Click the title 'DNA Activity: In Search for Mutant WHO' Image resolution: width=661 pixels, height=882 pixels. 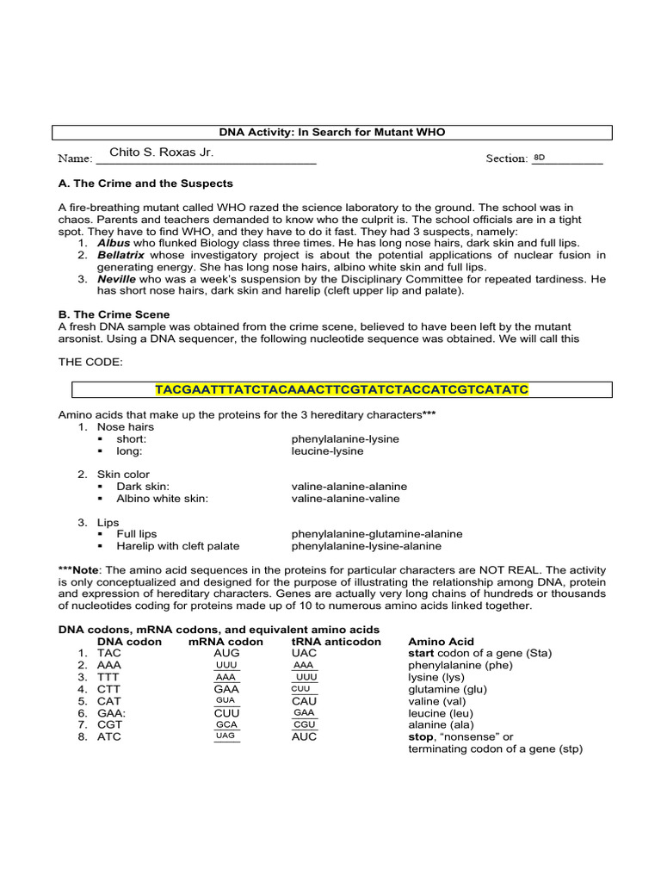pos(331,132)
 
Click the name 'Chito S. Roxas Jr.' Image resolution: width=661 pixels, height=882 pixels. pos(161,152)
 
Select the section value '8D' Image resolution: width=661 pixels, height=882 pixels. pos(540,158)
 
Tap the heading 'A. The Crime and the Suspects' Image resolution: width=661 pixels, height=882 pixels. pos(145,183)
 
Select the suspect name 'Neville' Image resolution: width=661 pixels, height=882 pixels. pos(117,280)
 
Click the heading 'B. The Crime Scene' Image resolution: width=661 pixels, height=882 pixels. pos(114,314)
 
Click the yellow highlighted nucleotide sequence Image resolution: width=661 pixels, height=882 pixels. pos(342,390)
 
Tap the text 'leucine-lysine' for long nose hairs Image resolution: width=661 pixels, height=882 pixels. pos(327,450)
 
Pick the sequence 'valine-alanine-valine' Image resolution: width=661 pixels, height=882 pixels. pos(345,498)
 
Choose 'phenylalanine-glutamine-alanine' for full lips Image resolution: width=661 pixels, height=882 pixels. pos(376,534)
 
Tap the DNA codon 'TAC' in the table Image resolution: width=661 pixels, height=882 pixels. pos(109,653)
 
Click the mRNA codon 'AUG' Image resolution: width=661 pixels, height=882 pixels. pos(226,653)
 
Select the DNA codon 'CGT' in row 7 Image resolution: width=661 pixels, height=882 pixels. pos(109,725)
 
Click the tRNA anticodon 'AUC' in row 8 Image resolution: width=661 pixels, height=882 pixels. pos(305,736)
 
